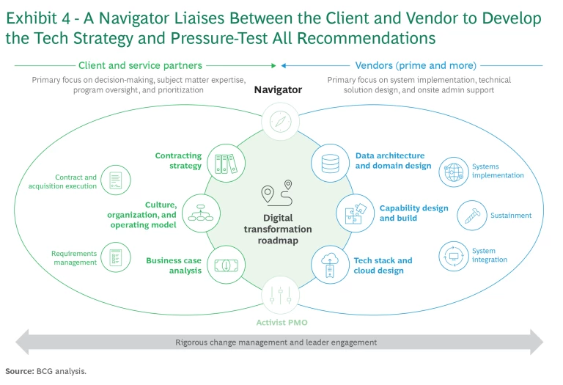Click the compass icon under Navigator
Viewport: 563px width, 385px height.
tap(281, 121)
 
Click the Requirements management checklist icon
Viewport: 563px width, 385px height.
tap(116, 257)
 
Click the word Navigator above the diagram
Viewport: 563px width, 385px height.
tap(278, 90)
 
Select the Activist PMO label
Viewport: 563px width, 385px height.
tap(281, 323)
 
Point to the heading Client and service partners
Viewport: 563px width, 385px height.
tap(140, 65)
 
